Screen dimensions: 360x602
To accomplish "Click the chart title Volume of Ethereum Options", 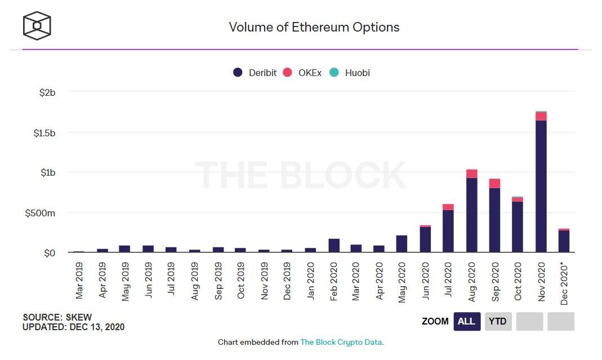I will point(314,27).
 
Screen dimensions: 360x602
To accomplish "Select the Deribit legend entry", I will point(255,73).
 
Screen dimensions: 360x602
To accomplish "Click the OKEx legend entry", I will point(302,73).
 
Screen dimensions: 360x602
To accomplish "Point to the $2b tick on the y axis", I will point(47,92).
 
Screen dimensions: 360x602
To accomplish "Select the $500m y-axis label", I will point(41,213).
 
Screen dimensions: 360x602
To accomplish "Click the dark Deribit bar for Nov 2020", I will point(541,186).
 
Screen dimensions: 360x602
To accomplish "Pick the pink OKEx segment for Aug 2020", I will point(471,174).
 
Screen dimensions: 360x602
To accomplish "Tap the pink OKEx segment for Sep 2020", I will point(494,183).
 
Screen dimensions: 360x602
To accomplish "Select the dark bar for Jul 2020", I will point(448,231).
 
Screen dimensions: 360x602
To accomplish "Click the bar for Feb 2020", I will point(333,246).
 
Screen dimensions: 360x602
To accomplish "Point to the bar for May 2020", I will point(402,244).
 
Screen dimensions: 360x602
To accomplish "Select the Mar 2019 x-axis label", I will point(79,280).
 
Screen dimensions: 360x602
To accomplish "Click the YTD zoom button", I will point(497,322).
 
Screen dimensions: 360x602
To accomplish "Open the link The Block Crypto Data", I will point(341,342).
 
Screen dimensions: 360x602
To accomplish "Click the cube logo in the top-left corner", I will point(37,26).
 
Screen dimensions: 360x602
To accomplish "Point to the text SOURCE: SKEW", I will point(57,317).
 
